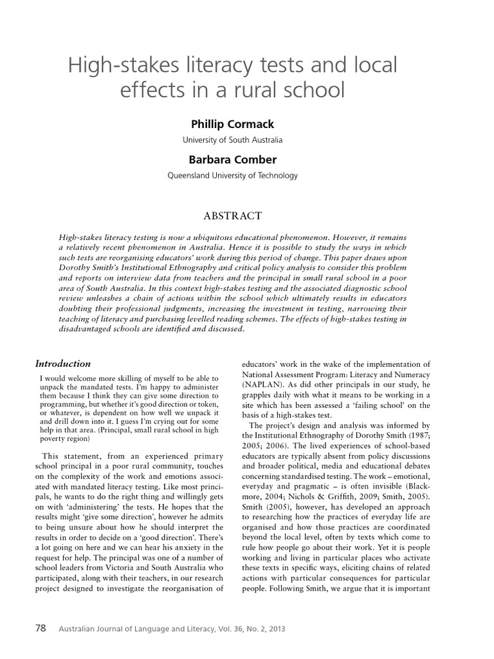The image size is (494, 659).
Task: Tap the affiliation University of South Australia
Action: point(232,140)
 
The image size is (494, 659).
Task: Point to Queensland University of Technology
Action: point(232,175)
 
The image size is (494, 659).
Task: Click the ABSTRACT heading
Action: point(232,215)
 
